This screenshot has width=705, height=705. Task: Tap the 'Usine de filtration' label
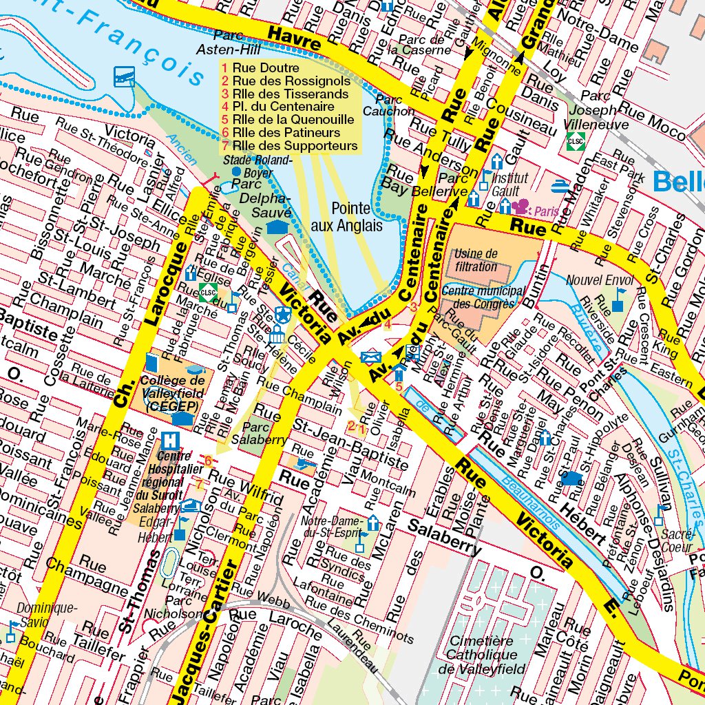pos(475,260)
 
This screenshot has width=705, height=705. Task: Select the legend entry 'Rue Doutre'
pos(265,68)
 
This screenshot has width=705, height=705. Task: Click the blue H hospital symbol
pos(168,439)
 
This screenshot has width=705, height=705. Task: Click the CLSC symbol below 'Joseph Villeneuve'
pos(576,141)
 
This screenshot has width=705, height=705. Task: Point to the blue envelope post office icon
pos(370,356)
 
